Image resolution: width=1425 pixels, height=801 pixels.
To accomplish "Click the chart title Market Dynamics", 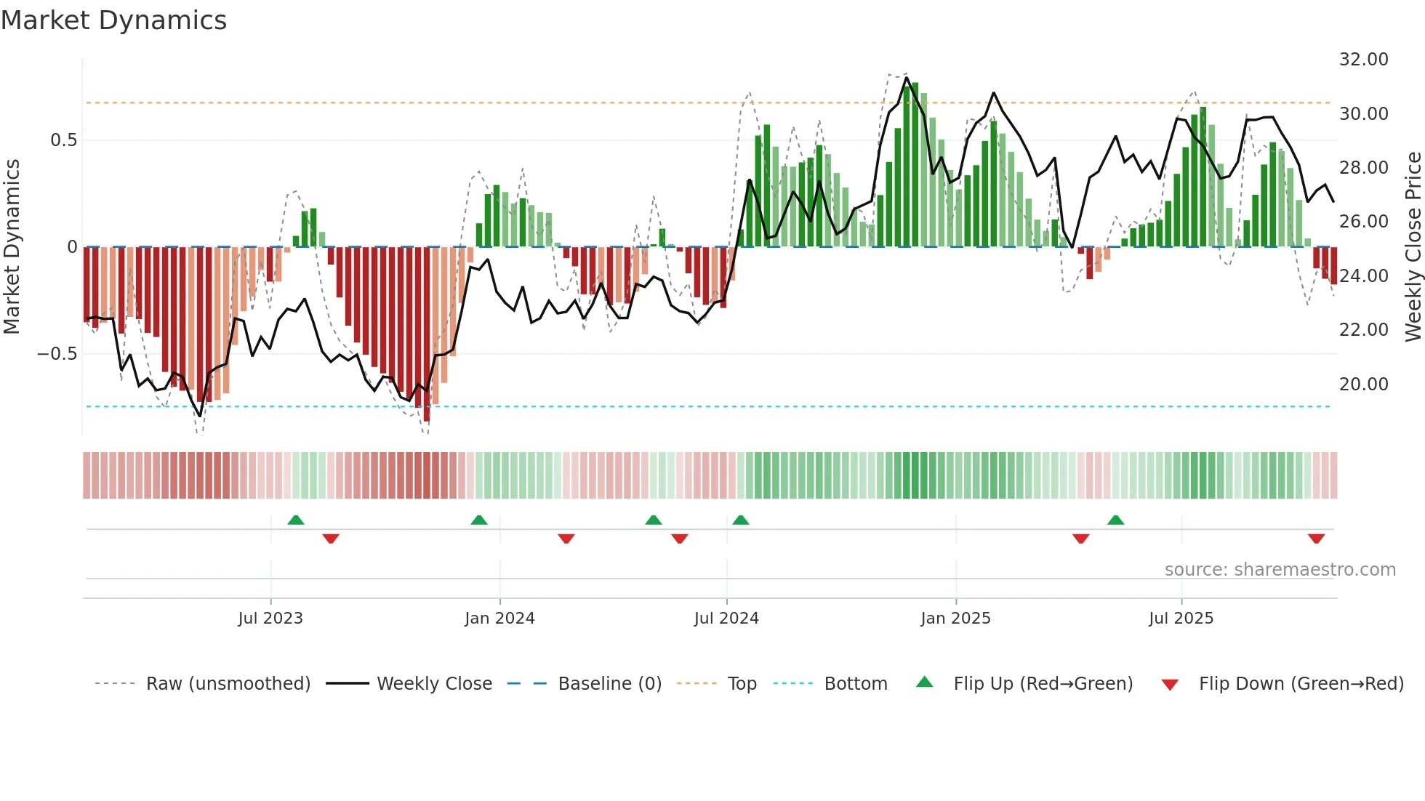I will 114,20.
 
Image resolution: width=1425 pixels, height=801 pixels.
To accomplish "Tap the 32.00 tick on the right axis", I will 1363,60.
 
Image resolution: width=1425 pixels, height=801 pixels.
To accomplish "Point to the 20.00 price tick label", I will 1363,384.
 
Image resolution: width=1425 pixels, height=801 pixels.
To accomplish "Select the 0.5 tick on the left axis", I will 63,140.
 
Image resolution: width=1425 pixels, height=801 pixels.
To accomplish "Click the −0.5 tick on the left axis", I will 57,354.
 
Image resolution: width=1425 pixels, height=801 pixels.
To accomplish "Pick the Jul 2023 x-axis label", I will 270,619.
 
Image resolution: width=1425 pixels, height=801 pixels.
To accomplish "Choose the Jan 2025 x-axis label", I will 955,619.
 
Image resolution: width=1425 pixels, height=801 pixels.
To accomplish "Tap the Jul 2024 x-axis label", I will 726,619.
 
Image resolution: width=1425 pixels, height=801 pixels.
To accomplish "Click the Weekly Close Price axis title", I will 1413,247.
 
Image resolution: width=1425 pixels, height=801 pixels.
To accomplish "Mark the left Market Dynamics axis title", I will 12,247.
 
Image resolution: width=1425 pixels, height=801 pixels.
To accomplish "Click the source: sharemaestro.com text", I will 1280,570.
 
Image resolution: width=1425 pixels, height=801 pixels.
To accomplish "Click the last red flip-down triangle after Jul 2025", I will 1316,539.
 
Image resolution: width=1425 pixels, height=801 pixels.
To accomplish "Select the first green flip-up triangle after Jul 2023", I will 296,520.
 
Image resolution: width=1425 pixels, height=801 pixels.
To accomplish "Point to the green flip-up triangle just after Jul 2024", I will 741,520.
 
